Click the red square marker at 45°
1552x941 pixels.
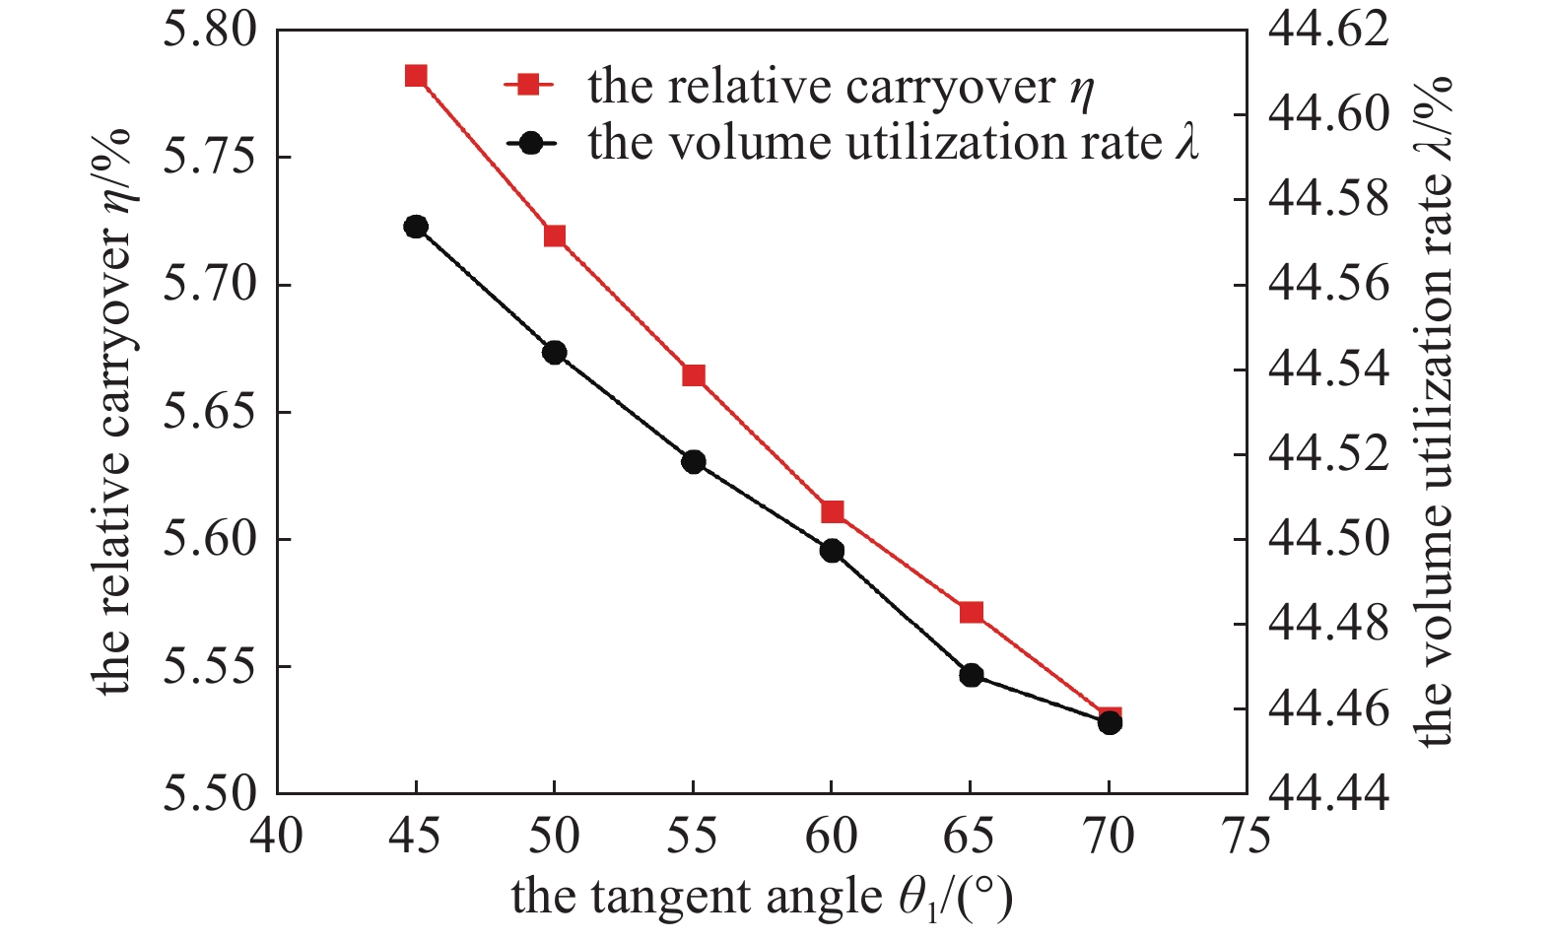click(416, 76)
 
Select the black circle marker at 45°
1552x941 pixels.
click(416, 227)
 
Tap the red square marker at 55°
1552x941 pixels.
click(694, 375)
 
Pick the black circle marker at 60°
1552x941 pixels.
click(832, 550)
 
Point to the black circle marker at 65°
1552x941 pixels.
click(971, 675)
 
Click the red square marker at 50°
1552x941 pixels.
click(555, 235)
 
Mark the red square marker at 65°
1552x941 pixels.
click(971, 612)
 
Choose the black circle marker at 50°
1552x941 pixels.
click(555, 352)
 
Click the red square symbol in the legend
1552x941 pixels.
click(530, 86)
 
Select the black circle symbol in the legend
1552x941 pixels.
click(530, 143)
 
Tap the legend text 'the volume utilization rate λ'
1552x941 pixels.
click(893, 143)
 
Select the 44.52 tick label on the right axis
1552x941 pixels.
click(1327, 454)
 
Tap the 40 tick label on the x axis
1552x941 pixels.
click(277, 837)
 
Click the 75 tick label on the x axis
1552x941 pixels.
click(1247, 837)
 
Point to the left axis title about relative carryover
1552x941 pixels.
click(114, 411)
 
